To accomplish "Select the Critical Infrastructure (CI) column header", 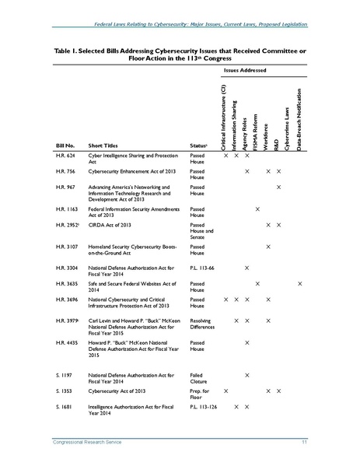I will pyautogui.click(x=225, y=117).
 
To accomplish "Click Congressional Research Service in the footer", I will pyautogui.click(x=82, y=442).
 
